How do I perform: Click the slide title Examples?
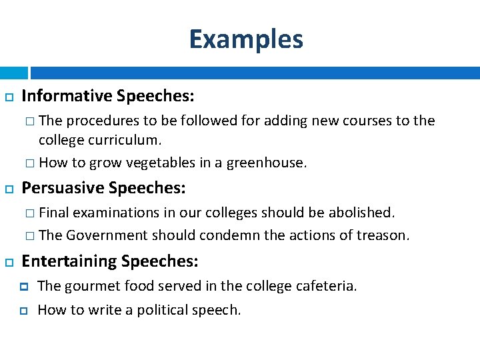click(246, 39)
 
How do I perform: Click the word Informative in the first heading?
click(67, 97)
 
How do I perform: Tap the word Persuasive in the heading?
click(63, 189)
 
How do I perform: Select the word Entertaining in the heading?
click(69, 262)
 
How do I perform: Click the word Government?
click(107, 235)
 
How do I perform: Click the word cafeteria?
click(325, 287)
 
